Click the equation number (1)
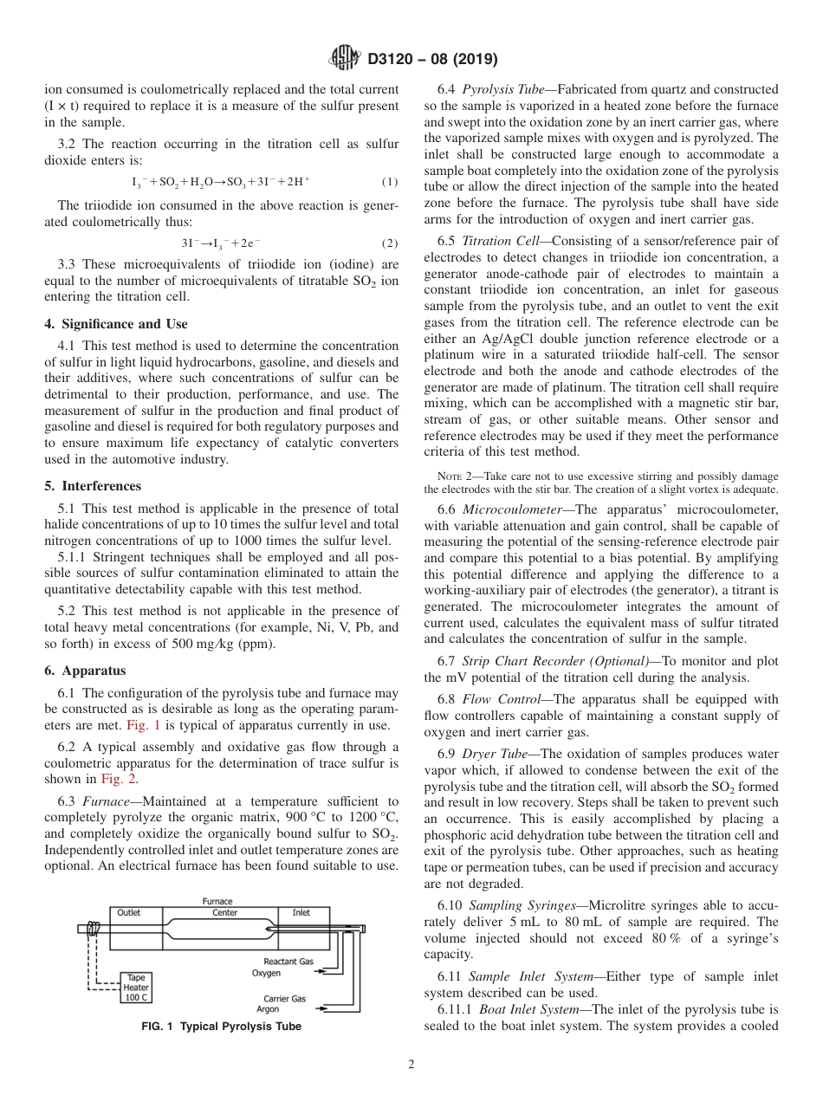coord(389,182)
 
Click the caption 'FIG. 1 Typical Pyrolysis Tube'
coord(222,1027)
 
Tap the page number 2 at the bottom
coord(411,1065)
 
